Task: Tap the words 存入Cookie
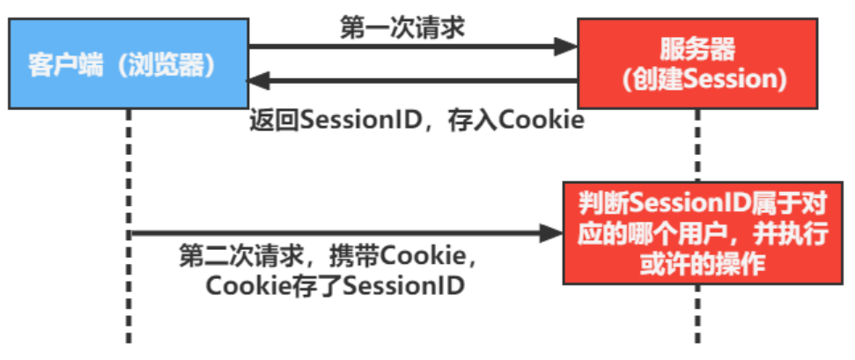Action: pyautogui.click(x=532, y=120)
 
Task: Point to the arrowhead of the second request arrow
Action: pyautogui.click(x=552, y=233)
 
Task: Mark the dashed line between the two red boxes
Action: pyautogui.click(x=699, y=145)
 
